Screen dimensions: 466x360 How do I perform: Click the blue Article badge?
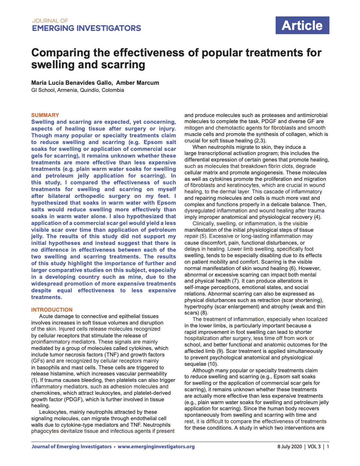tap(302, 25)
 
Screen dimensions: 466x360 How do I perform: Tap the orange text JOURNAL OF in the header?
tap(50, 21)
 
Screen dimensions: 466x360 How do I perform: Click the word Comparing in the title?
tap(61, 53)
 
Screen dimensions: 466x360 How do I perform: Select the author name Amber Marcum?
tap(137, 83)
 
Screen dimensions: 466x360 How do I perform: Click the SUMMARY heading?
tap(45, 115)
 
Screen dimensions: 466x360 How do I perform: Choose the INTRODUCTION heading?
tap(52, 310)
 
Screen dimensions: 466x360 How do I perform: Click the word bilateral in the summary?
tap(59, 196)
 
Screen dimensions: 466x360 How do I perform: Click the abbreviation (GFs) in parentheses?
tap(38, 361)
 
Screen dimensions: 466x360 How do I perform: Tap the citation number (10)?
tap(213, 364)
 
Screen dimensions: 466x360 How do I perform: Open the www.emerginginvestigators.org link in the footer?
tap(156, 447)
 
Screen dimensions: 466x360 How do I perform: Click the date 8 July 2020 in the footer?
tap(289, 447)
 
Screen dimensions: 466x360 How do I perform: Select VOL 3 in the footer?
tap(314, 447)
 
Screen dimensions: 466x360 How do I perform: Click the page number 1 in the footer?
tap(328, 447)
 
